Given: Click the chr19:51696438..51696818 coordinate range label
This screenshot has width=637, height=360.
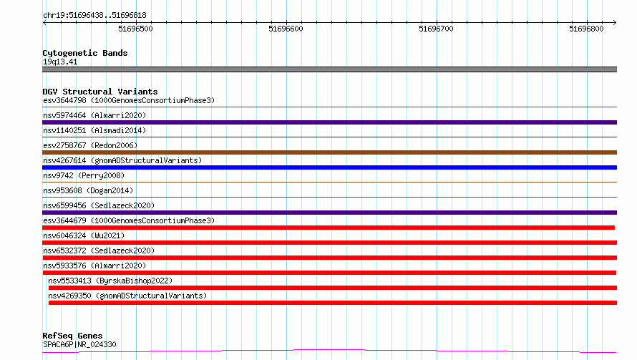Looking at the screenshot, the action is [x=94, y=16].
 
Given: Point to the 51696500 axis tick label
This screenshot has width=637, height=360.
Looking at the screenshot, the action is [x=136, y=29].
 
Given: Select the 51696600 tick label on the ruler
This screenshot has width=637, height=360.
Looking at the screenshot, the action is [x=286, y=29].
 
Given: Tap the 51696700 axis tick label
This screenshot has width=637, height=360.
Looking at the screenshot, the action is [x=437, y=29].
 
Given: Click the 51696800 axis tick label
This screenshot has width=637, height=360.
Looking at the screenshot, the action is [x=587, y=29].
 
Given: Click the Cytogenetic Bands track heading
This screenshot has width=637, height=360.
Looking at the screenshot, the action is [x=85, y=53].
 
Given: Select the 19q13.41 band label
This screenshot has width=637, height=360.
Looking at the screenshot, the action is [x=60, y=62].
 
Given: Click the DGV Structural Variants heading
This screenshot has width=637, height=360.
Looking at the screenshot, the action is [x=100, y=92].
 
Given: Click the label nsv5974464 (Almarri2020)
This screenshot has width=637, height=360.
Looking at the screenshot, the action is [x=94, y=115].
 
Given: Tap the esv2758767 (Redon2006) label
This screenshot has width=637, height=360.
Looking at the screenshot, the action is [x=90, y=145].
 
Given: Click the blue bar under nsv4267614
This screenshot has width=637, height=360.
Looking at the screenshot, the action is [x=329, y=167].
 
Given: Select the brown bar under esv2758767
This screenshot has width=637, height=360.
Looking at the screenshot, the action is [x=329, y=152].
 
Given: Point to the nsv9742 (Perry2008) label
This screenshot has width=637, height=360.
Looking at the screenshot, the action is [x=84, y=175].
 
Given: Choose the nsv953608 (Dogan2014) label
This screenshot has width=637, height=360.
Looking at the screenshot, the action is [x=88, y=190].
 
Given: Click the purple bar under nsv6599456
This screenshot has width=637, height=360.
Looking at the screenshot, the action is [x=329, y=213].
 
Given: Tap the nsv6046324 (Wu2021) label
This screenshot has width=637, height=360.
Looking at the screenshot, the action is [x=84, y=235].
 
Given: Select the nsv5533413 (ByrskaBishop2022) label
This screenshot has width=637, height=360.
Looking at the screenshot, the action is [x=110, y=281].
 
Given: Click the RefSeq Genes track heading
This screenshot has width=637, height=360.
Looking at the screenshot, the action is [x=73, y=336].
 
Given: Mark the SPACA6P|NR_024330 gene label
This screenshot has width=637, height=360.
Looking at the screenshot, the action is [x=79, y=344].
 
